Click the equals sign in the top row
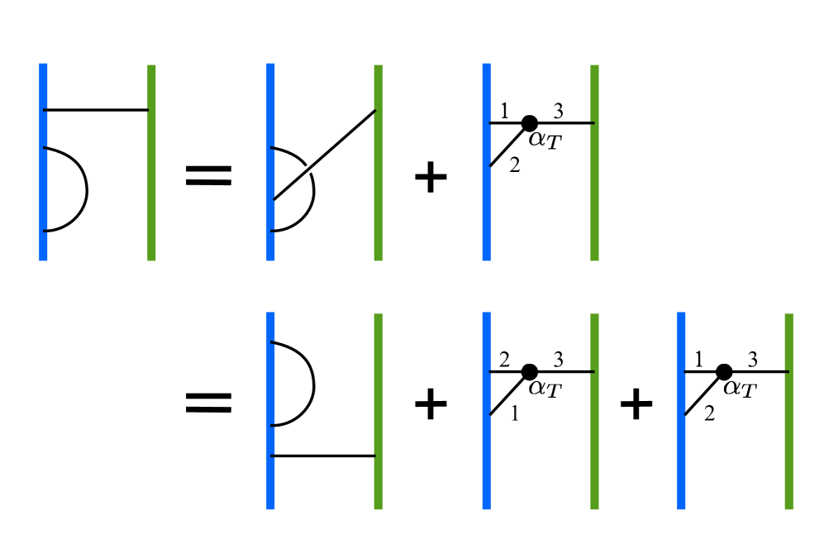pyautogui.click(x=207, y=175)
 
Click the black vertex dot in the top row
pyautogui.click(x=530, y=123)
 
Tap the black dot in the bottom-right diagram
pyautogui.click(x=724, y=371)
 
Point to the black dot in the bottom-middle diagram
pyautogui.click(x=530, y=371)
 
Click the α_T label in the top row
pyautogui.click(x=545, y=141)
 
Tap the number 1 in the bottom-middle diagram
pyautogui.click(x=515, y=414)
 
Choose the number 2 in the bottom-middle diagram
pyautogui.click(x=503, y=359)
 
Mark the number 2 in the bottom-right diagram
pyautogui.click(x=709, y=414)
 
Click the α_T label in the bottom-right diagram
pyautogui.click(x=740, y=389)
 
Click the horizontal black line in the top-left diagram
pyautogui.click(x=95, y=109)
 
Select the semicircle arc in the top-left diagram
pyautogui.click(x=85, y=189)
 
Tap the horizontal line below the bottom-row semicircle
pyautogui.click(x=322, y=456)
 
